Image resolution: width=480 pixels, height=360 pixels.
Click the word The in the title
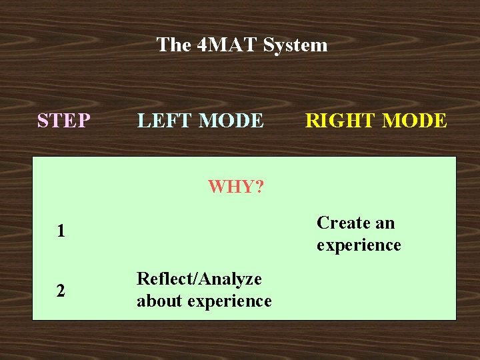(173, 45)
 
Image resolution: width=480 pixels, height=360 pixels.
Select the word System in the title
(295, 45)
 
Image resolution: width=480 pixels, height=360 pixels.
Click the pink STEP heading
(64, 121)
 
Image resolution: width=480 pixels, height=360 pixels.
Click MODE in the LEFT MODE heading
(231, 121)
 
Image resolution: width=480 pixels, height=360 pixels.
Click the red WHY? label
(235, 187)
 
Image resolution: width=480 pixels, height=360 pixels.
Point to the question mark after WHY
(259, 187)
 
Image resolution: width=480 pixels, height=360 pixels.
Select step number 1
(61, 232)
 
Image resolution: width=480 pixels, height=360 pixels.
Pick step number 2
(61, 291)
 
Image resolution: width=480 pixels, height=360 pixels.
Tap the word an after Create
(385, 223)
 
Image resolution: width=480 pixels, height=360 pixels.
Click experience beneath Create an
(359, 245)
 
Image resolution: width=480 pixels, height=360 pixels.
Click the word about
(159, 301)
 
